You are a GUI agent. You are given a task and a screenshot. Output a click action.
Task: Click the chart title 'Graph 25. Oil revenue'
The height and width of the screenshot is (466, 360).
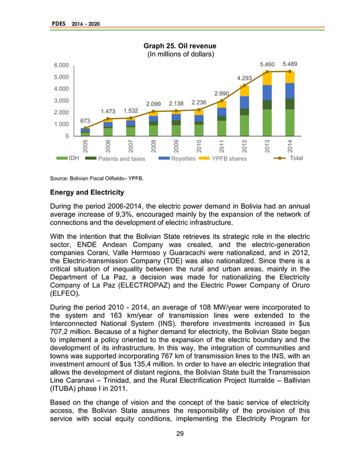(179, 46)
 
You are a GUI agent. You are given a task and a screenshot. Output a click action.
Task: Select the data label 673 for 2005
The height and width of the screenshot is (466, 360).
(85, 121)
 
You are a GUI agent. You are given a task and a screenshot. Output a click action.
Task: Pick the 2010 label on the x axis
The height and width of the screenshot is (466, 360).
(199, 146)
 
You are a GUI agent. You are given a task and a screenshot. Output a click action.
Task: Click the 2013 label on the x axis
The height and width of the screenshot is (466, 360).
(267, 146)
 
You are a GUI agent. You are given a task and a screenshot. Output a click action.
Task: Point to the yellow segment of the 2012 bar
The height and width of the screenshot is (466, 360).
(244, 91)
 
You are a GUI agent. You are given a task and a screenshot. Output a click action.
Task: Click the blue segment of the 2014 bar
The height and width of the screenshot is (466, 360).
(290, 91)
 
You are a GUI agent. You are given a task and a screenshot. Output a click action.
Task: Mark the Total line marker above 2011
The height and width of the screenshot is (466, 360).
(222, 100)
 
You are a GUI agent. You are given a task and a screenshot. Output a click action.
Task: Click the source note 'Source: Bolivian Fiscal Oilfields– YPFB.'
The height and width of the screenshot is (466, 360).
(96, 178)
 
